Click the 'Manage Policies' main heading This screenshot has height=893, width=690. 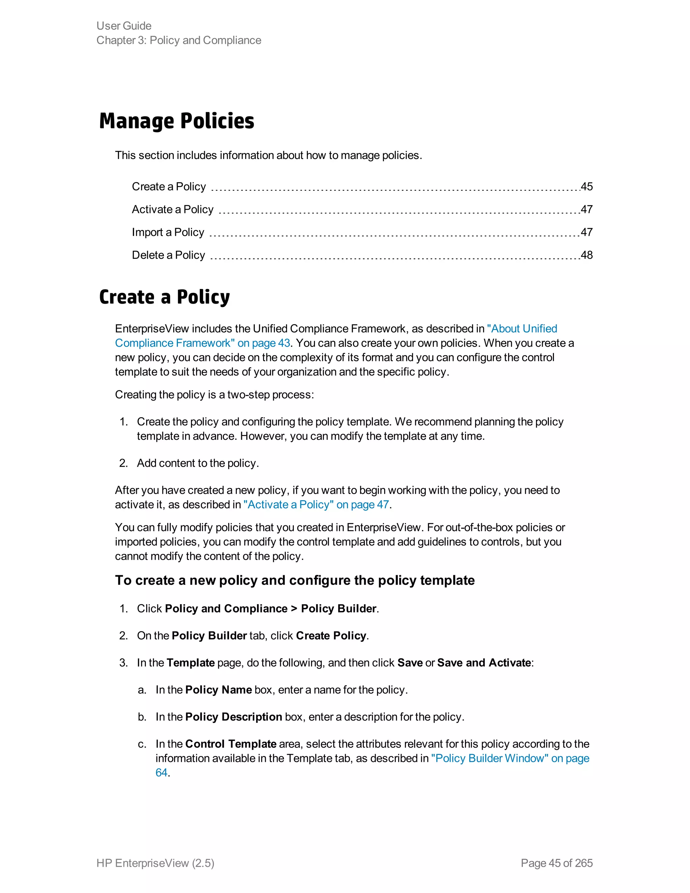click(177, 121)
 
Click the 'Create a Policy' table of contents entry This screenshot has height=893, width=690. click(169, 187)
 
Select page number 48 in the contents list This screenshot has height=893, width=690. click(587, 255)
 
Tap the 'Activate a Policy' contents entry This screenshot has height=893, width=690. click(172, 210)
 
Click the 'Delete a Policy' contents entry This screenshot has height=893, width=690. click(168, 255)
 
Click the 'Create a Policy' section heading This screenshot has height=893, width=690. click(164, 297)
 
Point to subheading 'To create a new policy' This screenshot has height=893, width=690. click(294, 581)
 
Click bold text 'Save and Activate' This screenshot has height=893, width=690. click(484, 663)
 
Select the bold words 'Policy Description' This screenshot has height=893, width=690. click(233, 717)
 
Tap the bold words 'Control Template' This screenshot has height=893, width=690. click(230, 744)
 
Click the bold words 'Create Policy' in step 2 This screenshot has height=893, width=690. click(331, 636)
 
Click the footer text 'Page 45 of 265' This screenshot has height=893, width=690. click(556, 863)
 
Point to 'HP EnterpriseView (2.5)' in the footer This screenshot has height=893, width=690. click(155, 863)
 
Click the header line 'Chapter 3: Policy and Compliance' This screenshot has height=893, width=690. click(179, 40)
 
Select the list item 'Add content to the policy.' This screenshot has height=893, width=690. click(198, 463)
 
